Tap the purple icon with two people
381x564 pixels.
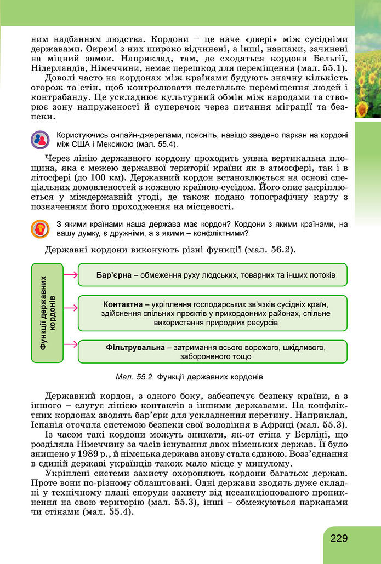(39, 140)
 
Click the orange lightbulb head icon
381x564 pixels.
(39, 228)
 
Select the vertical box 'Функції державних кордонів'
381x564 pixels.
(48, 313)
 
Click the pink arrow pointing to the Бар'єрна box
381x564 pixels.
(70, 274)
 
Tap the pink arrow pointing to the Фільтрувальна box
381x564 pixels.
(70, 344)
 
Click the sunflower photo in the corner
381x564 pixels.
(368, 66)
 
